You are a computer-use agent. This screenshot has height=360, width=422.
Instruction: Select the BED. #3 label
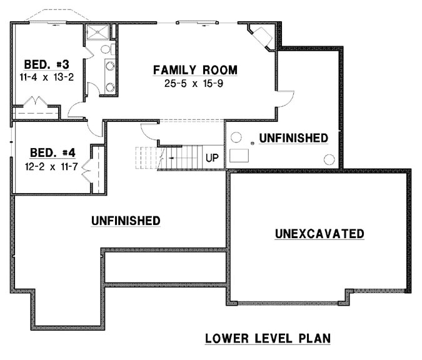pos(42,64)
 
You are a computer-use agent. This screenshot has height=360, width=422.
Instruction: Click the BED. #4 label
pos(53,152)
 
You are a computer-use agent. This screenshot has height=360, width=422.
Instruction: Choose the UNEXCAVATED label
pos(319,234)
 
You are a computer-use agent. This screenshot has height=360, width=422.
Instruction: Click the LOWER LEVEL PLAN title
pos(268,339)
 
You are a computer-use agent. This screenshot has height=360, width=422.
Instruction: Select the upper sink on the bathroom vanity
pos(110,64)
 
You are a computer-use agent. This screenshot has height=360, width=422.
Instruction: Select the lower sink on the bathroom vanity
pos(110,87)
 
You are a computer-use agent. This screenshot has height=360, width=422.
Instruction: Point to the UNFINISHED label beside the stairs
pos(293,137)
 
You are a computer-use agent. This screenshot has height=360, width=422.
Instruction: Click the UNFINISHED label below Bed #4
pos(125,221)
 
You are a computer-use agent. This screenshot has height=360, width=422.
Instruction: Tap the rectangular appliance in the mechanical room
pos(239,156)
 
